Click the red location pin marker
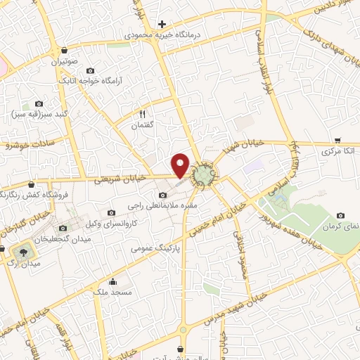tap(181, 165)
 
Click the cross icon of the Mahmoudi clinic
tap(162, 24)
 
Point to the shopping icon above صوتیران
tap(65, 51)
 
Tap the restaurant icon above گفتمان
tap(143, 114)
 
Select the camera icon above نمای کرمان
tap(341, 215)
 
